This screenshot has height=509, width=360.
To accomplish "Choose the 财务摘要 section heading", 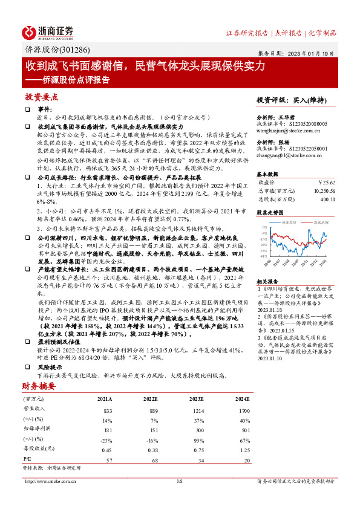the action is pos(39,385).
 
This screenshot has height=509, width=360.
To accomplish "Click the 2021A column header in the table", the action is pos(105,400).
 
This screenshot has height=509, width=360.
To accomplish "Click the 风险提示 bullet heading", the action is pos(50,367).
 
